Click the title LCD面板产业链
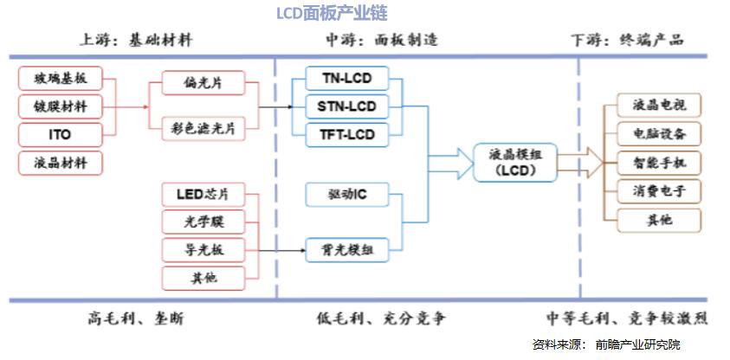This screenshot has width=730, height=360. coord(332,14)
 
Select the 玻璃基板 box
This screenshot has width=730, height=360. coord(60,79)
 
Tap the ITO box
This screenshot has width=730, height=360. coord(60,135)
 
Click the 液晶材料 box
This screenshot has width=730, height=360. coord(60,164)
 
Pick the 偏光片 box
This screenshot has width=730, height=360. coord(203,83)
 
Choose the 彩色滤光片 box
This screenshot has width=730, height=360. coord(203,129)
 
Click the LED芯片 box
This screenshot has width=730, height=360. coord(203,195)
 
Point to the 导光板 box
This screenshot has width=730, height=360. coord(203,250)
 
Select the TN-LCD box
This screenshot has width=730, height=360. coord(347,79)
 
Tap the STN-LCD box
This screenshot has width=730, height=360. coord(347,107)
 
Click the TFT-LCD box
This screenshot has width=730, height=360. coord(347,135)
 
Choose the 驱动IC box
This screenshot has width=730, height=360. coord(347,195)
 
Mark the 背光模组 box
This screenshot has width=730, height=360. coord(347,250)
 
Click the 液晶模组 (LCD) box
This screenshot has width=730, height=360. coord(515,163)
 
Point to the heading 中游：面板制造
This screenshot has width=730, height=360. coord(381,40)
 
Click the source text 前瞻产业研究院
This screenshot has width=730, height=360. coord(637,344)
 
